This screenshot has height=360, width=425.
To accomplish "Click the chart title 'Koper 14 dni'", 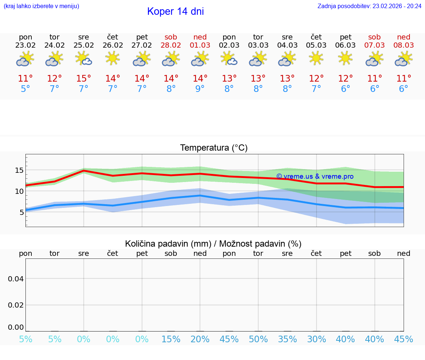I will tap(175, 11).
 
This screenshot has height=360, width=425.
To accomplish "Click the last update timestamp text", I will tap(369, 6).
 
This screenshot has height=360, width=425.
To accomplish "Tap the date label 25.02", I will tap(84, 45).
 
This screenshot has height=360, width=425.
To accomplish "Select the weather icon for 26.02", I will tap(113, 58).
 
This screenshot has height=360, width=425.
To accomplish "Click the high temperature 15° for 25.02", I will tap(84, 78).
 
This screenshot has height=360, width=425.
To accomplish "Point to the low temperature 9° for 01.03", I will tap(200, 89).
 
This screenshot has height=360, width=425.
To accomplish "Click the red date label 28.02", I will tap(171, 45).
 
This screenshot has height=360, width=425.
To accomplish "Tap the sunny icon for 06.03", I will tap(345, 58).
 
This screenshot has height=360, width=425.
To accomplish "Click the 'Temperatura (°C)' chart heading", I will tap(214, 148).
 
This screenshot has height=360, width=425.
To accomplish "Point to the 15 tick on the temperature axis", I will tap(19, 170).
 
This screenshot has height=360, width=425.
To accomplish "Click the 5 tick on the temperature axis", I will tap(21, 212).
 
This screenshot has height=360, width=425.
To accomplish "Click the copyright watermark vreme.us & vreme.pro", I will tap(315, 176).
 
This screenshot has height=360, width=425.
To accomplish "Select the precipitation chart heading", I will tap(213, 243).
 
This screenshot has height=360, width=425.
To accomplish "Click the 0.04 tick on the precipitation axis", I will tap(16, 278).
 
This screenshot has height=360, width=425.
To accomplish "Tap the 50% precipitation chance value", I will tap(258, 339).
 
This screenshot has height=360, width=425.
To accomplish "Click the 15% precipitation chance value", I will tap(171, 339).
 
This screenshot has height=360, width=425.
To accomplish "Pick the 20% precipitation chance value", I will tap(200, 339).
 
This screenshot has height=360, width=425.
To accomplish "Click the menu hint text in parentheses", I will tap(41, 6).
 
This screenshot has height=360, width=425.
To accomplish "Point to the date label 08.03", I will tap(404, 45).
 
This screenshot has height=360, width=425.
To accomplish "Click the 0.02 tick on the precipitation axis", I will tap(16, 305).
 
